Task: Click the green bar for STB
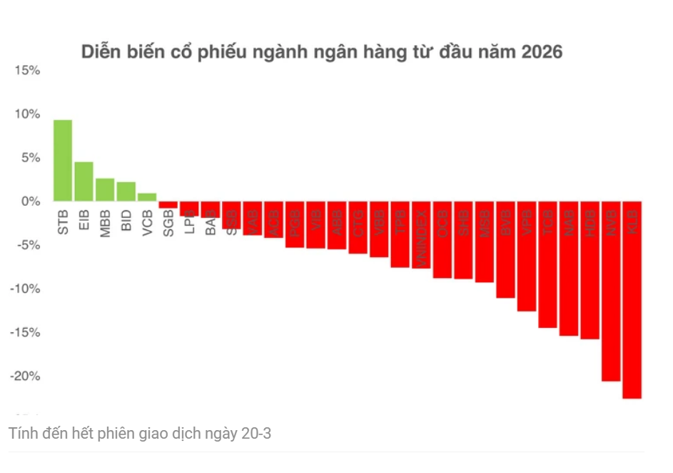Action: pos(63,160)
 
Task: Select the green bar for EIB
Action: pos(84,181)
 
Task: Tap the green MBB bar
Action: pos(105,190)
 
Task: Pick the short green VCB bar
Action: pos(147,197)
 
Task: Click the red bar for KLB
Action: pos(632,299)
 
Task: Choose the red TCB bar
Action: pos(547,264)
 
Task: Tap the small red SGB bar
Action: pos(168,205)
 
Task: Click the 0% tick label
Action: pos(31,201)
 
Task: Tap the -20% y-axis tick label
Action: pos(24,376)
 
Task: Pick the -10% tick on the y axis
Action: pos(24,289)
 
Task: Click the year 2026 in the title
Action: pos(541,52)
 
